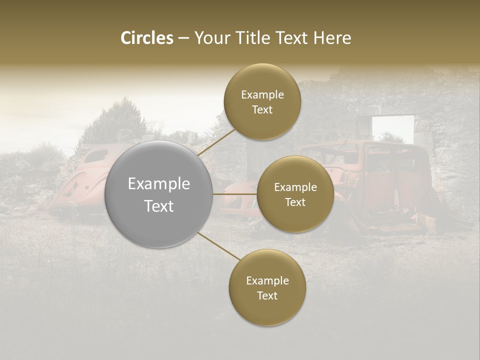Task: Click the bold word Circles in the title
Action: click(147, 38)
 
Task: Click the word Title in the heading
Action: click(250, 38)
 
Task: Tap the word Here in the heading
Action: click(332, 38)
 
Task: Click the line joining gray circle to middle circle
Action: click(234, 193)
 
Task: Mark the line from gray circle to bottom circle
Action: click(218, 245)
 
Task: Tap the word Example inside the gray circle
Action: click(159, 184)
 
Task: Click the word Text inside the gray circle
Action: click(159, 206)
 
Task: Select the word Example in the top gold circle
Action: click(262, 95)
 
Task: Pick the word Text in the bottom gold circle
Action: click(267, 295)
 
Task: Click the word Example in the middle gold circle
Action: click(295, 187)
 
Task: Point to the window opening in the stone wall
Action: click(393, 128)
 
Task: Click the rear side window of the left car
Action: click(96, 156)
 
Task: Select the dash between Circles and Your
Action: click(183, 38)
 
